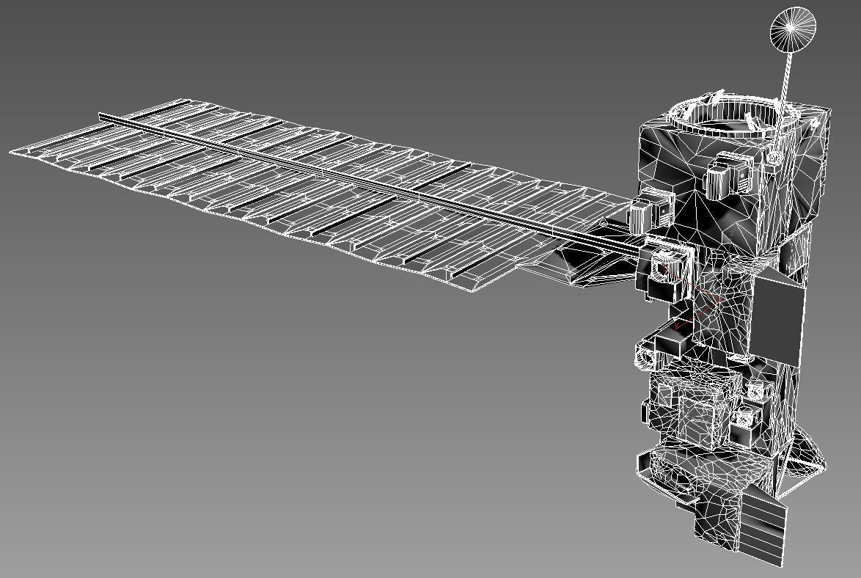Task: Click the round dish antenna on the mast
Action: [793, 30]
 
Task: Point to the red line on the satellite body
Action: [697, 312]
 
